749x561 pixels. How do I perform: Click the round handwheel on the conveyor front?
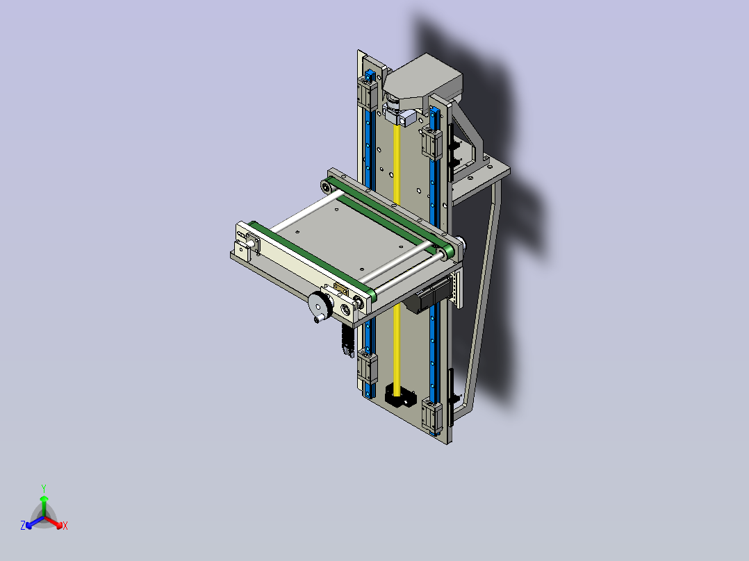(x=320, y=305)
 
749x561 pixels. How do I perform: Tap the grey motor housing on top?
(x=422, y=81)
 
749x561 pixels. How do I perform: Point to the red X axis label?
(x=65, y=526)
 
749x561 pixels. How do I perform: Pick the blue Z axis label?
(x=22, y=526)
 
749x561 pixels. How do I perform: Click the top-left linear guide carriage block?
(x=368, y=92)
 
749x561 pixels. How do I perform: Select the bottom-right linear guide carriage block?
(x=432, y=415)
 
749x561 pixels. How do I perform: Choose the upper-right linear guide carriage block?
(x=432, y=142)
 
